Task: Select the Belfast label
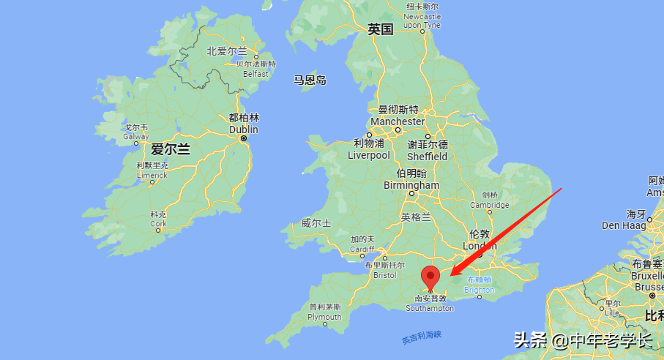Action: pos(255,74)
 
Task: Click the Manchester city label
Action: pos(398,121)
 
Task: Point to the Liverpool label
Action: pos(368,155)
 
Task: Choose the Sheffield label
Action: pos(428,156)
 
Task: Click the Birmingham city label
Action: pos(411,185)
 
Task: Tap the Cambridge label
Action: pos(490,205)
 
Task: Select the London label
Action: pos(480,247)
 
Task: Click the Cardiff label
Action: pos(362,249)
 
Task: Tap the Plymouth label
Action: pos(324,317)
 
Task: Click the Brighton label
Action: pos(480,290)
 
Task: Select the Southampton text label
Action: pos(430,308)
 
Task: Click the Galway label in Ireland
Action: pos(136,136)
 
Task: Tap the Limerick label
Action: pos(152,175)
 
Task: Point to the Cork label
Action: pos(158,223)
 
